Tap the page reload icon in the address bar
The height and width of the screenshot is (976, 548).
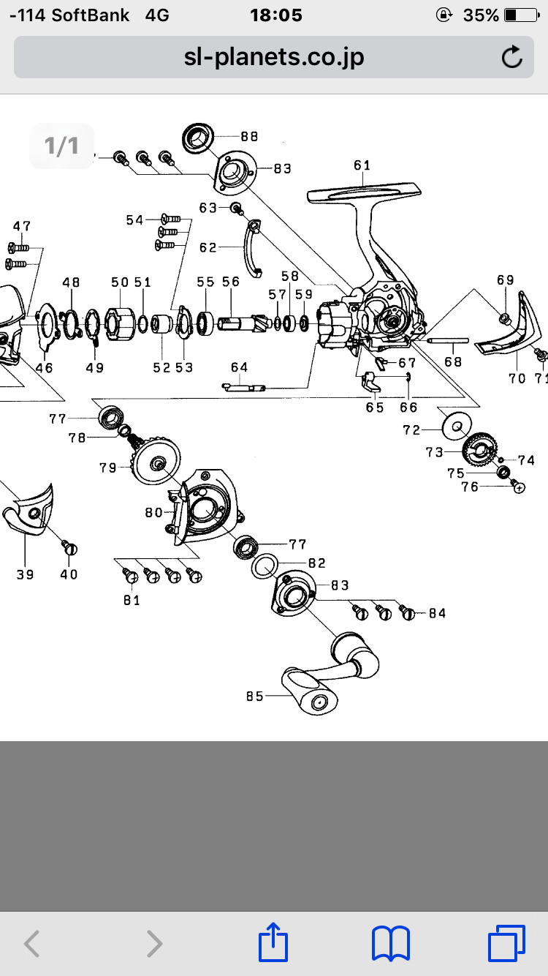click(x=512, y=56)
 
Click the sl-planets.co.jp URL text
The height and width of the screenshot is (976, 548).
click(x=274, y=57)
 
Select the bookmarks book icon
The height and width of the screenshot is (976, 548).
click(x=391, y=942)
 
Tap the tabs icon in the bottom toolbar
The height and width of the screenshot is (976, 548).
click(x=506, y=942)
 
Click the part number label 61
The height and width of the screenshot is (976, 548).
click(x=362, y=165)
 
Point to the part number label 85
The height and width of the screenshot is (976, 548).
click(x=254, y=697)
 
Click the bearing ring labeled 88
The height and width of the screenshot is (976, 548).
click(x=198, y=138)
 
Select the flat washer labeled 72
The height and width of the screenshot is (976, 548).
click(x=457, y=426)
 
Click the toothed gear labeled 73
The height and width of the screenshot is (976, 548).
click(x=479, y=451)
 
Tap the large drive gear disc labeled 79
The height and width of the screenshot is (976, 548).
click(x=156, y=460)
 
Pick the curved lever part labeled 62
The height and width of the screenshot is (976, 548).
click(x=254, y=248)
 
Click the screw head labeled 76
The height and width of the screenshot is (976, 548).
click(x=518, y=487)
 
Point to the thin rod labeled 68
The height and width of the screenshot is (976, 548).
click(x=448, y=341)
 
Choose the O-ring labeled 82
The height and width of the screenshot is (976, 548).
click(x=265, y=566)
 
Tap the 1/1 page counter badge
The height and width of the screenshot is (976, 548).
click(x=61, y=146)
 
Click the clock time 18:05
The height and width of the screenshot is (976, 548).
click(x=276, y=15)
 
